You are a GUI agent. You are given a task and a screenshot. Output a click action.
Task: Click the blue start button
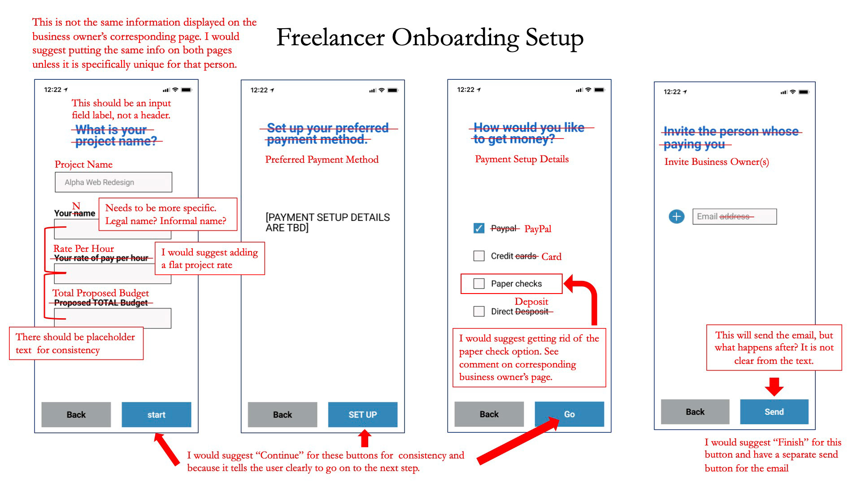tap(157, 415)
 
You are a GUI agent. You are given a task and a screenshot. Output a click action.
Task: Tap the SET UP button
tap(363, 415)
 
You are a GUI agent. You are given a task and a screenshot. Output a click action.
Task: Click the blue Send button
tap(774, 412)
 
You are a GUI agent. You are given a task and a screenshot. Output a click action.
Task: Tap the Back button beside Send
tap(695, 412)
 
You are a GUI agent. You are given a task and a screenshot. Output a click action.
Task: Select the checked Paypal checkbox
tap(479, 229)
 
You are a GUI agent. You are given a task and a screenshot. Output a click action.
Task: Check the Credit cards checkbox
tap(479, 256)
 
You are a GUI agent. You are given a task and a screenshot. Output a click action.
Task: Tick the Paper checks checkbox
tap(479, 283)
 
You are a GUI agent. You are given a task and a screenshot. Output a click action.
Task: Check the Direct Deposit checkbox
tap(479, 311)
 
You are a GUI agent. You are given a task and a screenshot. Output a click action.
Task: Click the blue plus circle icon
tap(677, 217)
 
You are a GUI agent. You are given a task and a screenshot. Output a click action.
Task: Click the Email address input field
tap(735, 216)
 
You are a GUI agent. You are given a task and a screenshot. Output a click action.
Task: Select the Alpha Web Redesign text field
tap(113, 182)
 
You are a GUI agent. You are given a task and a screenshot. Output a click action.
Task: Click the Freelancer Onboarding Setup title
tap(430, 38)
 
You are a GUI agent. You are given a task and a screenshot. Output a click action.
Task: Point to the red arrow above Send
tap(774, 387)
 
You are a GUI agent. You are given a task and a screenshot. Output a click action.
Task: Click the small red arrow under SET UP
tap(365, 438)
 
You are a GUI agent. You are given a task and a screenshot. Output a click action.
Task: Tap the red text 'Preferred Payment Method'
tap(322, 160)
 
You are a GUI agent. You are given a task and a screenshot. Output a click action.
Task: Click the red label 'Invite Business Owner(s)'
tap(717, 162)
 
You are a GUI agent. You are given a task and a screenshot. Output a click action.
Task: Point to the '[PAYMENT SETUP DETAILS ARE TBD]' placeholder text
tap(328, 223)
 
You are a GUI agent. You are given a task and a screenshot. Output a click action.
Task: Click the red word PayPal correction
tap(538, 229)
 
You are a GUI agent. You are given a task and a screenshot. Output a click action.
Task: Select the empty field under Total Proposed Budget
tap(113, 318)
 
